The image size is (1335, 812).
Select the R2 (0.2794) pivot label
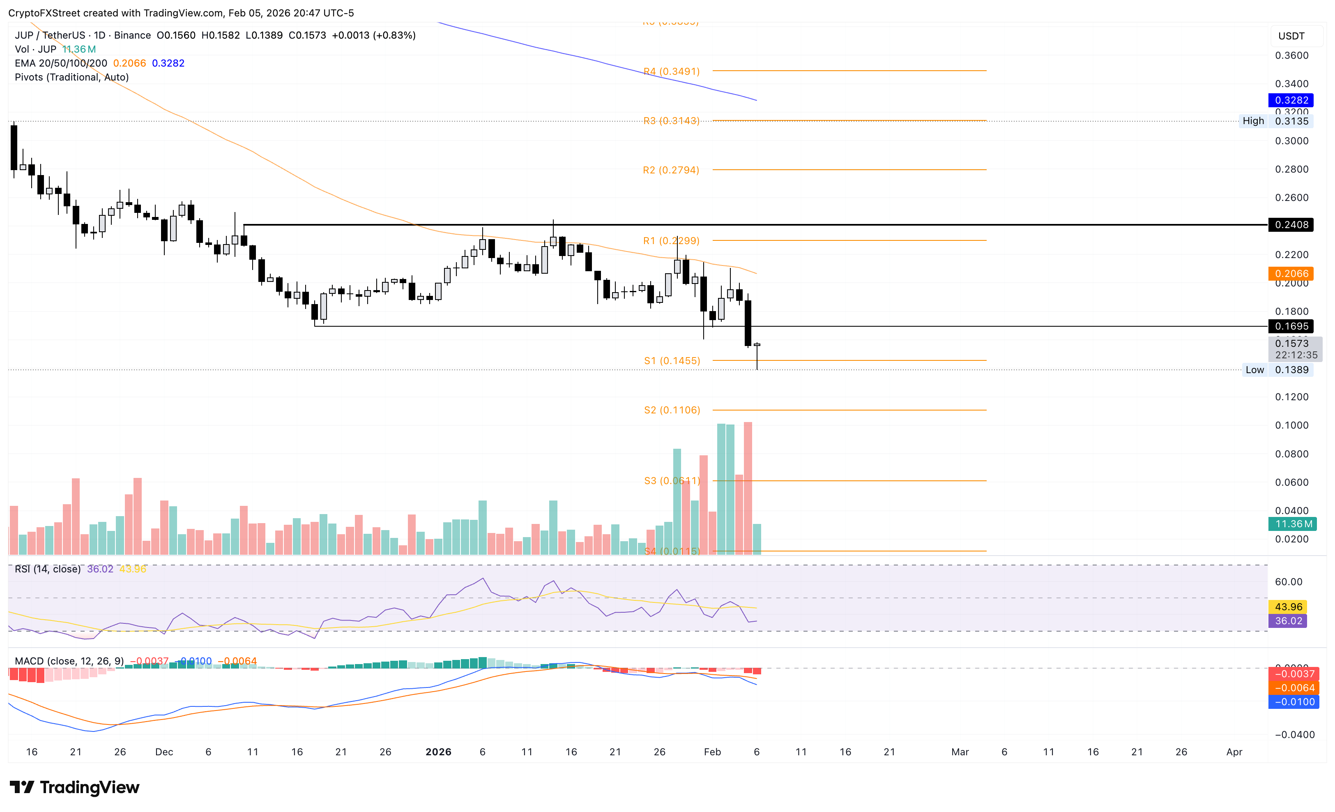click(x=671, y=170)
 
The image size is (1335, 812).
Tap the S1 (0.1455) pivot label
click(x=672, y=361)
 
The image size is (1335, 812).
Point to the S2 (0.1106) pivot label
click(x=672, y=411)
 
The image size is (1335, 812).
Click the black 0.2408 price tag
click(x=1291, y=224)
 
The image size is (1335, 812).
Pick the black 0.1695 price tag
click(x=1291, y=326)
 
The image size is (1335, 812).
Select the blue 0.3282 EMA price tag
click(x=1291, y=100)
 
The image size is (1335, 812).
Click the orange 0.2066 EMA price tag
click(x=1291, y=274)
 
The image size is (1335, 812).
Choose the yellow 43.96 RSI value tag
click(x=1288, y=607)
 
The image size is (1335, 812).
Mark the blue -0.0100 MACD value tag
click(x=1294, y=702)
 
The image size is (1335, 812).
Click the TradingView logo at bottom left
click(x=75, y=787)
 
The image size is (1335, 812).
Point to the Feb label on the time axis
click(x=712, y=752)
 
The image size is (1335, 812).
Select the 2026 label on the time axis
click(x=438, y=752)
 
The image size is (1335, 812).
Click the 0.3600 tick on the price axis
click(x=1291, y=55)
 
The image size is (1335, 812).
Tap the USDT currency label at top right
click(x=1291, y=36)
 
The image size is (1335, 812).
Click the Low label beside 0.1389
click(x=1254, y=370)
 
